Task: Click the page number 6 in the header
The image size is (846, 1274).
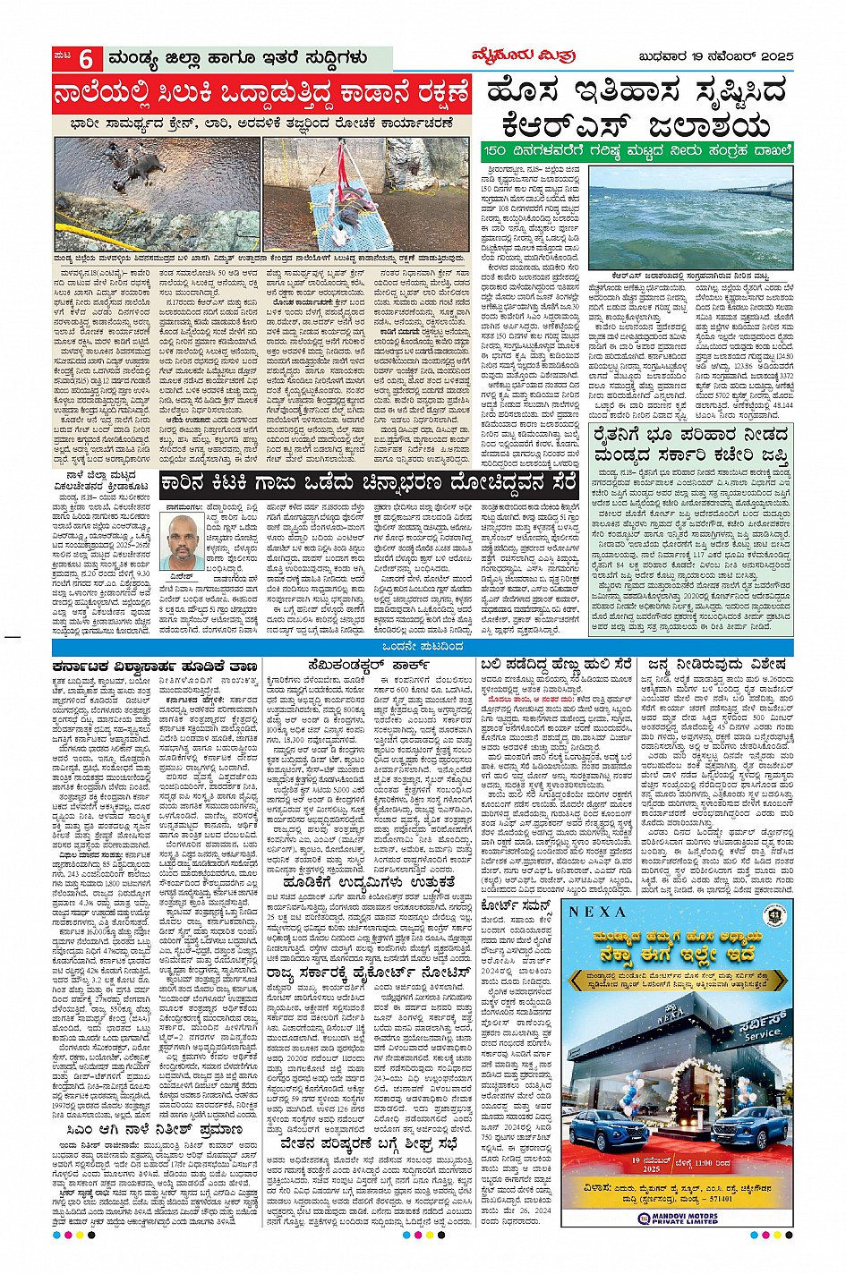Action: pyautogui.click(x=86, y=59)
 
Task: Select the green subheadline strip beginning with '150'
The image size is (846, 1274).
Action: pyautogui.click(x=637, y=150)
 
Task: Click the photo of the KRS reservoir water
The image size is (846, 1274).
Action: pyautogui.click(x=691, y=217)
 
